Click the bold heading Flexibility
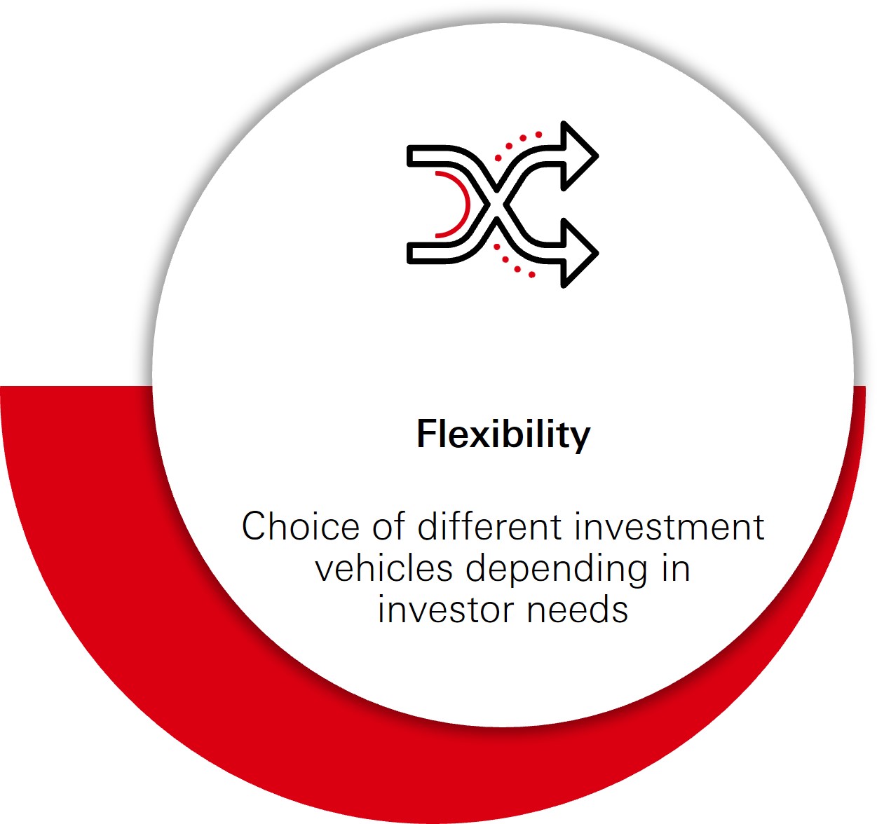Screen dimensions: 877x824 click(x=503, y=435)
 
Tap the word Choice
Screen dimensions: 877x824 click(x=300, y=526)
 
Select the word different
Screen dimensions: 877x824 click(x=490, y=526)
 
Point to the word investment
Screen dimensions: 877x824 click(x=669, y=526)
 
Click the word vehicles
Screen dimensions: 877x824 click(x=384, y=568)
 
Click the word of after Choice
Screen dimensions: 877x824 click(x=388, y=526)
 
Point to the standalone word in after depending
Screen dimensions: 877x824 click(x=676, y=568)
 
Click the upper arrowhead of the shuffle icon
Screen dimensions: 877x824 click(x=579, y=156)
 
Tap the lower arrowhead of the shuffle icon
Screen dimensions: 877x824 click(x=579, y=253)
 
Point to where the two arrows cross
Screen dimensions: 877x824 click(x=497, y=205)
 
